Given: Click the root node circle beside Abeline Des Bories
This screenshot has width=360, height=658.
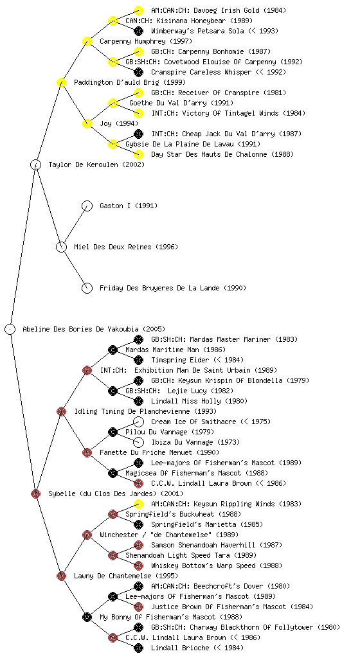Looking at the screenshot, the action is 10,329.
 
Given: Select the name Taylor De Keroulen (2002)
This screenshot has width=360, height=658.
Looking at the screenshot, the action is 96,164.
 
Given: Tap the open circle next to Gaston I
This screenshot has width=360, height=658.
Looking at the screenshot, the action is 87,206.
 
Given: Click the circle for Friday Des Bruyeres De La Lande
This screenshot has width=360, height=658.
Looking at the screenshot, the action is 87,288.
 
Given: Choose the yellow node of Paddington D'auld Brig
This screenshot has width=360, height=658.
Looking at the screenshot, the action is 61,82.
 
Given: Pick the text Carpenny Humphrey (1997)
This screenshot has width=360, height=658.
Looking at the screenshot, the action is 145,41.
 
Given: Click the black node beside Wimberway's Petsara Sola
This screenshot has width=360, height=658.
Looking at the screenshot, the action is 138,31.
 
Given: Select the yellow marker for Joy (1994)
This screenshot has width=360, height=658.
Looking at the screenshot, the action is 87,123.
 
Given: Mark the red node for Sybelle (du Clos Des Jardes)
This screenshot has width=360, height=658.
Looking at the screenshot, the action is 35,493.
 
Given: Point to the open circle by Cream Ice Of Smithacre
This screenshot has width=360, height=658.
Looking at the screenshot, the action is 138,422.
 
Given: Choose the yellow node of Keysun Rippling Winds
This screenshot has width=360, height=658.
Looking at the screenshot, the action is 138,504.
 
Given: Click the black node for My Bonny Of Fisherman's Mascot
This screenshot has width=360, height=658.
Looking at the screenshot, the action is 87,617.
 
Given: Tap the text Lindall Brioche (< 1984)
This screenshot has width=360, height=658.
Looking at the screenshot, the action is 197,648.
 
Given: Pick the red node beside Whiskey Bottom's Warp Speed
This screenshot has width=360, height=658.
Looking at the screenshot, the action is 138,565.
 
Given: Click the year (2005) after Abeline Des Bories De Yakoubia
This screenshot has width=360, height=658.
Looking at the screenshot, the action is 154,329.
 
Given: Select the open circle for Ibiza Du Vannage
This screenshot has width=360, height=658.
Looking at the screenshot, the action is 138,442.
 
